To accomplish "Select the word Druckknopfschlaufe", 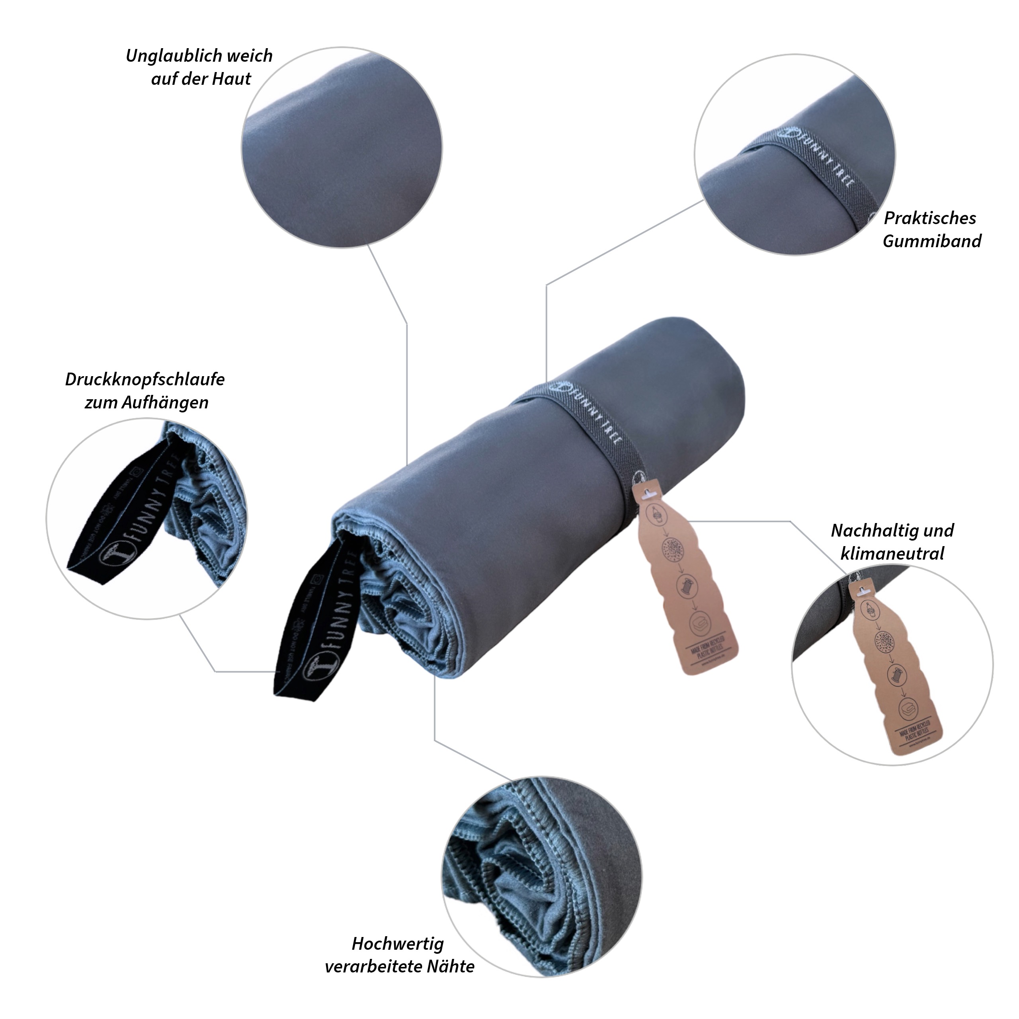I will [x=145, y=380].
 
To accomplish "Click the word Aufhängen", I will [x=165, y=403].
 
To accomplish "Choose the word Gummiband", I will [x=932, y=242].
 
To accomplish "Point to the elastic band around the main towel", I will [x=586, y=417].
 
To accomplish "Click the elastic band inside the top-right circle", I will [x=807, y=174].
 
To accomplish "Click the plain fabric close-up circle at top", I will [x=342, y=148].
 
